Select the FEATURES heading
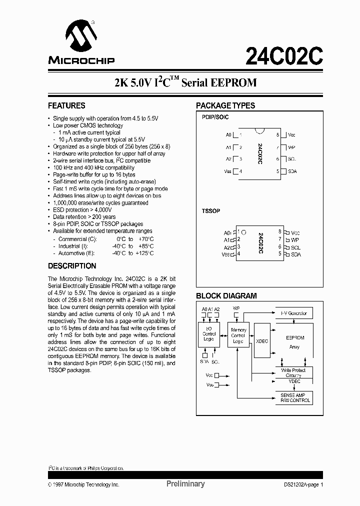66,106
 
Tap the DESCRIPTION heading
72,266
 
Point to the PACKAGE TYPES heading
225,106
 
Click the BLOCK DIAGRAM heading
226,296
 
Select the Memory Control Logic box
238,335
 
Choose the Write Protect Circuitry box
293,372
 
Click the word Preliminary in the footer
185,484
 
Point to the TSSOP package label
210,211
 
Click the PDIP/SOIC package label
215,116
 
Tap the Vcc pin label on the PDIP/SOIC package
292,135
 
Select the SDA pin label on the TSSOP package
295,254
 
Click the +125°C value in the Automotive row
144,253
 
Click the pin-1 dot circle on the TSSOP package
243,232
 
